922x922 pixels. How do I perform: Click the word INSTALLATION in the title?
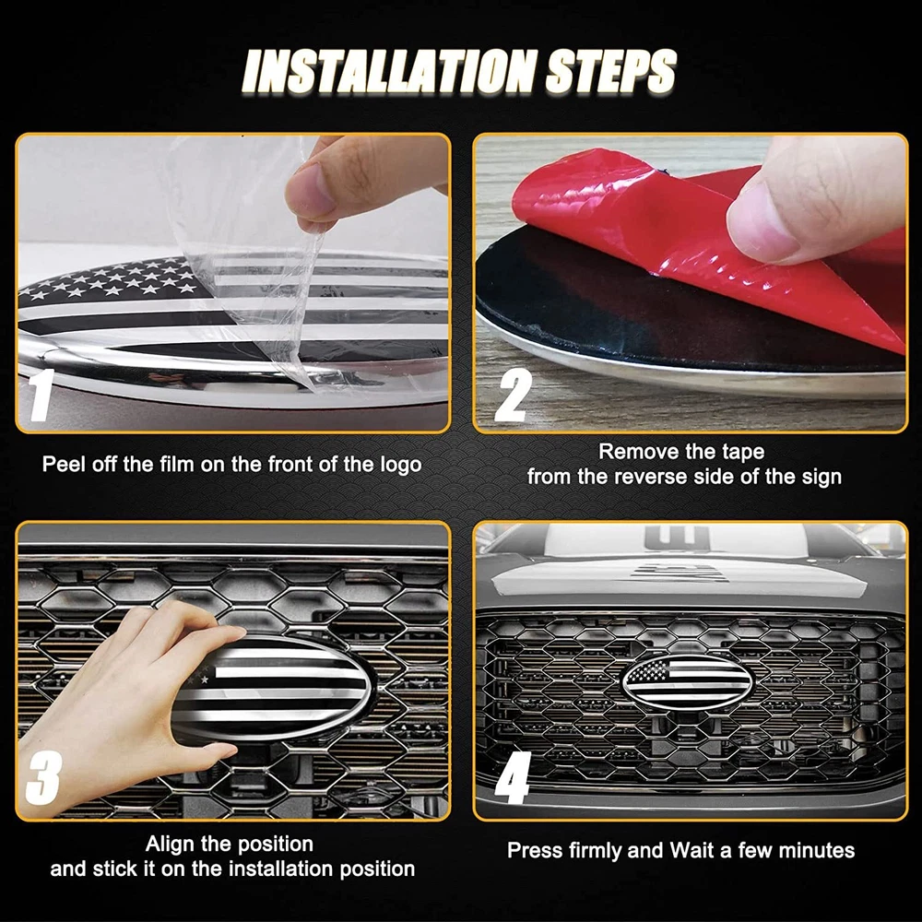point(388,71)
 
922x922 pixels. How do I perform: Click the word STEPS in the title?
point(611,71)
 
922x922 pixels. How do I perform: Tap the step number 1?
point(40,395)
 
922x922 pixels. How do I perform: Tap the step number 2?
point(513,396)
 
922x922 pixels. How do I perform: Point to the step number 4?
point(513,777)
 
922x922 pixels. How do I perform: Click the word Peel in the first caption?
point(63,465)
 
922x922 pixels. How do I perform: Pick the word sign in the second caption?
point(822,477)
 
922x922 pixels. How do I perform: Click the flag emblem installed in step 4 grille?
point(687,682)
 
